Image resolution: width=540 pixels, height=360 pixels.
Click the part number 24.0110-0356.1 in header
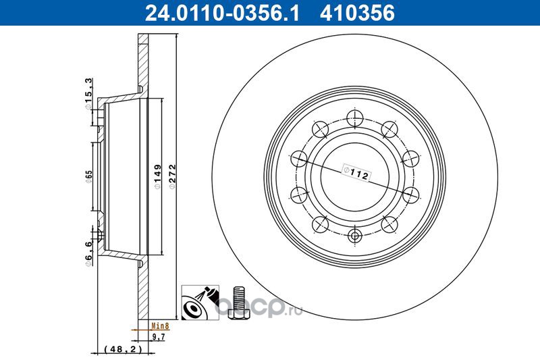222,13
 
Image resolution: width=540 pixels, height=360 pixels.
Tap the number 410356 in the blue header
357,13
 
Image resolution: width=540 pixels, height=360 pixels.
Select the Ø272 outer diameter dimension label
172,176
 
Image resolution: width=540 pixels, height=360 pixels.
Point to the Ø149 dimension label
157,176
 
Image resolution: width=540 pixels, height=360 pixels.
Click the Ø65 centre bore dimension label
89,176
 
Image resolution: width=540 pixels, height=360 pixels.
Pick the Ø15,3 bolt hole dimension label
88,94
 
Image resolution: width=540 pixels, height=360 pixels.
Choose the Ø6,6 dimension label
88,253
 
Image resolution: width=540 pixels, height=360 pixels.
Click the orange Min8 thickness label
161,326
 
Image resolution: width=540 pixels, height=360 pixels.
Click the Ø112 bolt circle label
356,173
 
